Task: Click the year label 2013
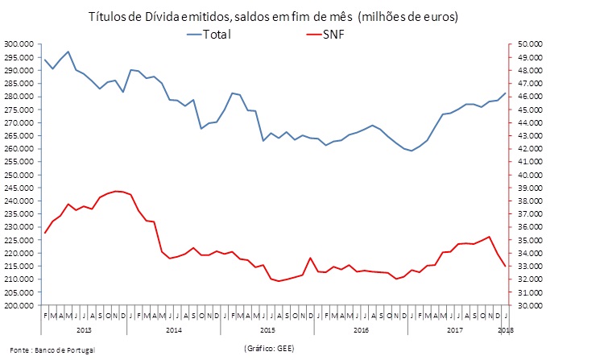point(83,330)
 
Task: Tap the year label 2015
point(270,330)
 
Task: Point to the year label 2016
point(363,330)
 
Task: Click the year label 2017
point(457,330)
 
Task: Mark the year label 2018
point(507,330)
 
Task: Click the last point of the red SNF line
point(505,266)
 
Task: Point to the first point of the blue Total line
point(44,60)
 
